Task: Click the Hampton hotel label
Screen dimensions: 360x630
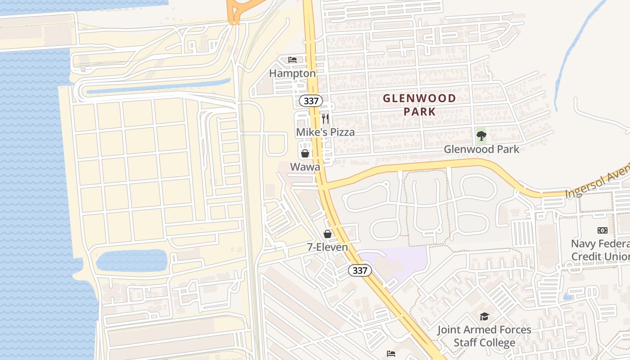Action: coord(292,73)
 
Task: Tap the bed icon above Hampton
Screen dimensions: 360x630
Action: coord(292,60)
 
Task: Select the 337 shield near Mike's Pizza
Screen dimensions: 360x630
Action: coord(311,101)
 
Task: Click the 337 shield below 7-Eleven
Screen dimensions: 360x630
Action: coord(360,270)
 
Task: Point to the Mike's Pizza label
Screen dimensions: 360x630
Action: coord(325,132)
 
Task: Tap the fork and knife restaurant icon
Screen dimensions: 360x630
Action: coord(325,119)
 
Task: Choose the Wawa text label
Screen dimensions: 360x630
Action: coord(305,167)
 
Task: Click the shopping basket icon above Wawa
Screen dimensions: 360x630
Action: coord(305,153)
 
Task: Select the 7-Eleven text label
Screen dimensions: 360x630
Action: coord(328,247)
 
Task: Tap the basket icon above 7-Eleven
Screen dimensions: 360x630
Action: coord(328,234)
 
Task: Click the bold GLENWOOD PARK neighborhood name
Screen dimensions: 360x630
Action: coord(419,105)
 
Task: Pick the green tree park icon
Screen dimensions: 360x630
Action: coord(481,135)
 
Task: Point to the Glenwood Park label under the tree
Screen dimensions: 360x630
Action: coord(481,149)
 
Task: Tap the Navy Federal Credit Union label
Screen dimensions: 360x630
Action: coord(600,250)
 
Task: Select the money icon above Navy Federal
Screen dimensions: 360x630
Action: coord(603,230)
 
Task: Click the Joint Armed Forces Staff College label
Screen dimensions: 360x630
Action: coord(484,336)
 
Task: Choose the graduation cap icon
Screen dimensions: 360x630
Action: coord(484,316)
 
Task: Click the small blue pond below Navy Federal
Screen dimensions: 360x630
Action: coord(568,297)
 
